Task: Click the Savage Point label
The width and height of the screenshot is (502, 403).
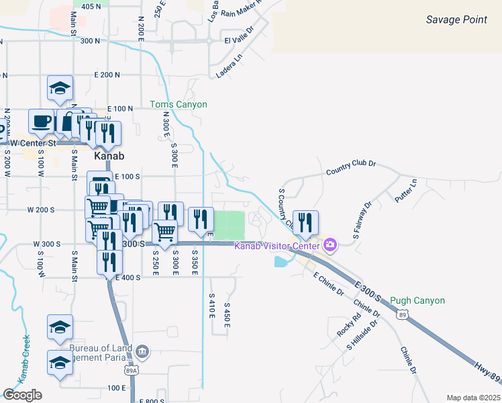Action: (x=456, y=19)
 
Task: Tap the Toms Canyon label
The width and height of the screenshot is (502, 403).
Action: (x=178, y=104)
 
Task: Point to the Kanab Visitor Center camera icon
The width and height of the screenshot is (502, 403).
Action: (x=330, y=244)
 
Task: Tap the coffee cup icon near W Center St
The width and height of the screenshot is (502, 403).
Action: (x=42, y=122)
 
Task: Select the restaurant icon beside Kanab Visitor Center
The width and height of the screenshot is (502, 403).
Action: (x=305, y=223)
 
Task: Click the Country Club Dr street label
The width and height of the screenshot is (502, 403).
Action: (x=350, y=167)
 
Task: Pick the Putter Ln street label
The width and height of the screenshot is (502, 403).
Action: (x=405, y=189)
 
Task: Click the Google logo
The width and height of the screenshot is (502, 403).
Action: (x=22, y=395)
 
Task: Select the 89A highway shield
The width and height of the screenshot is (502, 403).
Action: (x=132, y=370)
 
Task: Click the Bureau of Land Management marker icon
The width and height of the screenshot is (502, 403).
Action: (x=142, y=351)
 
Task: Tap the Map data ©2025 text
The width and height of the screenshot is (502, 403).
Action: (x=473, y=398)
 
